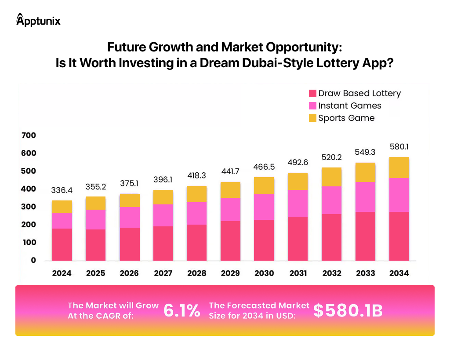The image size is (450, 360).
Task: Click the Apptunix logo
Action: point(38,20)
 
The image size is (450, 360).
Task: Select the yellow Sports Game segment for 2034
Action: point(399,167)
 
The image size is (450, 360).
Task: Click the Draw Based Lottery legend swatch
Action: point(312,93)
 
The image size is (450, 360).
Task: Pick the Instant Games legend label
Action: point(349,105)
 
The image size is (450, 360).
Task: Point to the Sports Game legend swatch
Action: point(312,118)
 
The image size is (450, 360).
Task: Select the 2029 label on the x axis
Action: point(230,273)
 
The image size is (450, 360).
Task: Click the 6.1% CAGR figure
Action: point(182,310)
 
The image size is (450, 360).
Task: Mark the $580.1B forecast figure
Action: point(348,310)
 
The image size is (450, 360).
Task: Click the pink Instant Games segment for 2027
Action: point(163,215)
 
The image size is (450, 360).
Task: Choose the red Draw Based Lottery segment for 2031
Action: point(298,238)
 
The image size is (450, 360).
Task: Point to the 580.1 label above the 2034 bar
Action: point(399,147)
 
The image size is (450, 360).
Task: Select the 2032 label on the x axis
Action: point(332,273)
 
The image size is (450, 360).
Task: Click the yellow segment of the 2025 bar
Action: point(96,203)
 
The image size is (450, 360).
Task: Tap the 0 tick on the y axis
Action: point(33,260)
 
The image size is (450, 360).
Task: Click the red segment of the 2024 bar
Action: point(62,244)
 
